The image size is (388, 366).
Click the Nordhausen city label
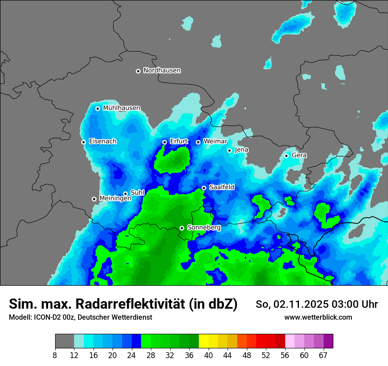(162, 71)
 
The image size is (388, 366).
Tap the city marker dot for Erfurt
(164, 142)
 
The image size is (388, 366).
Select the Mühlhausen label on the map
(121, 108)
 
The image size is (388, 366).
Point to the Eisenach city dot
(83, 142)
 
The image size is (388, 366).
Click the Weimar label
(215, 142)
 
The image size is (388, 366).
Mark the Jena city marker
(229, 150)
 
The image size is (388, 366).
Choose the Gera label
(299, 155)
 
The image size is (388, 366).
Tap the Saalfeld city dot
(204, 188)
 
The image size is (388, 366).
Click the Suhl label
(138, 193)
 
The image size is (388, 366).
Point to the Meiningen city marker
(94, 199)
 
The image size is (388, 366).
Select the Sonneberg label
(204, 228)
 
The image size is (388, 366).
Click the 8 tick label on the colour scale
(55, 355)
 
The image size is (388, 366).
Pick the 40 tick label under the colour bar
(209, 355)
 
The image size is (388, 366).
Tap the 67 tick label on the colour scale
(323, 355)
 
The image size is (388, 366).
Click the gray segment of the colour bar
(64, 341)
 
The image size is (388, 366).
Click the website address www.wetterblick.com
(318, 317)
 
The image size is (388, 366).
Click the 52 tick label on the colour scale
(266, 355)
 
